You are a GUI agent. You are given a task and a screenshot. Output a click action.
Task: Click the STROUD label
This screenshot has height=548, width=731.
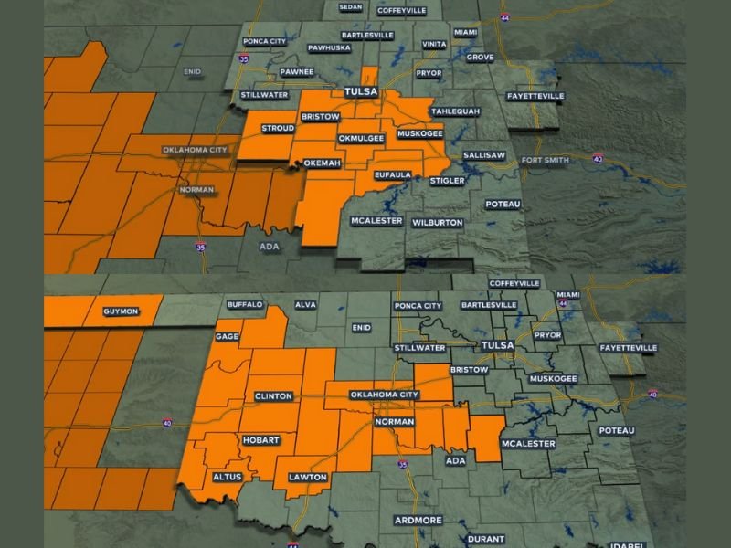pyautogui.click(x=278, y=128)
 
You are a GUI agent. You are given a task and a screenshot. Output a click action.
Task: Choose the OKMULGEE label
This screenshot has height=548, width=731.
pyautogui.click(x=360, y=138)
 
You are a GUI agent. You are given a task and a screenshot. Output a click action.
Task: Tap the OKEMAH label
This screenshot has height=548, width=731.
pyautogui.click(x=322, y=163)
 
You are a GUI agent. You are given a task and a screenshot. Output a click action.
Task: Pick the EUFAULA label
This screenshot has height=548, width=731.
pyautogui.click(x=394, y=174)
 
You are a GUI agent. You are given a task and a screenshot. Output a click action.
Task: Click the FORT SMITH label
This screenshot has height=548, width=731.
pyautogui.click(x=546, y=161)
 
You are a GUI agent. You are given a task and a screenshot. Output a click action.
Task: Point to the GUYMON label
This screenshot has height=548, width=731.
pyautogui.click(x=121, y=311)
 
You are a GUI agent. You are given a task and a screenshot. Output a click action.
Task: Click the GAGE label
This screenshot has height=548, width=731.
pyautogui.click(x=228, y=336)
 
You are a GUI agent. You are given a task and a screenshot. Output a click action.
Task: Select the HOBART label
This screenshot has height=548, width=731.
pyautogui.click(x=260, y=440)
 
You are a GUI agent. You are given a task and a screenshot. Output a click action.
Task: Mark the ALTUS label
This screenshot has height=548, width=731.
pyautogui.click(x=227, y=477)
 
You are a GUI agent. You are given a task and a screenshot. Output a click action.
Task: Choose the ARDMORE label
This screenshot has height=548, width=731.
pyautogui.click(x=418, y=520)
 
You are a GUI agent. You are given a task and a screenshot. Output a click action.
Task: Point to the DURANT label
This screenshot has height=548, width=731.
pyautogui.click(x=485, y=539)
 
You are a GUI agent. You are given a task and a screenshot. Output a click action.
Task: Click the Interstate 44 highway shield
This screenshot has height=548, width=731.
pyautogui.click(x=505, y=17)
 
